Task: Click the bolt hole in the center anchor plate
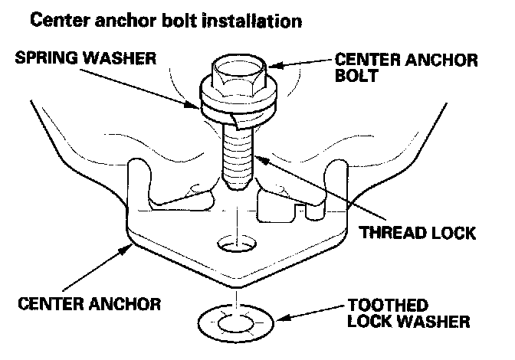tap(237, 245)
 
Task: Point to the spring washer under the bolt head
tap(229, 107)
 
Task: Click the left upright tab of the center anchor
tap(139, 184)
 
